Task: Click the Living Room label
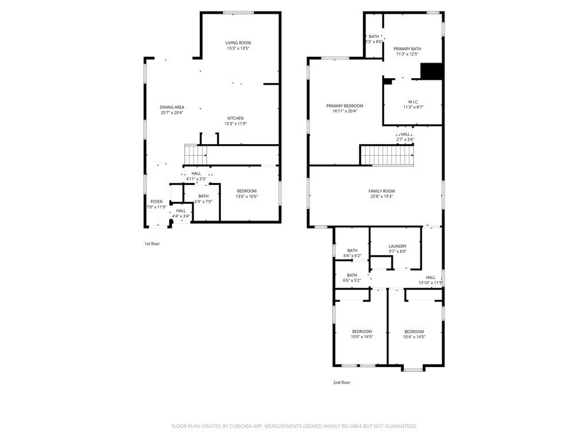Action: coord(238,43)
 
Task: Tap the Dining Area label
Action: coord(172,107)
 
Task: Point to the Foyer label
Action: coord(156,202)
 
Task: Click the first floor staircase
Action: coord(195,154)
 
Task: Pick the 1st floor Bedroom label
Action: coord(247,191)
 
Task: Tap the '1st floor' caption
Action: coord(152,243)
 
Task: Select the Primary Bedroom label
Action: coord(345,106)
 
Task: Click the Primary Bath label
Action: coord(407,49)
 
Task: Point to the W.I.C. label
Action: coord(413,102)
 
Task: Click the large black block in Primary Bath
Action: coord(431,71)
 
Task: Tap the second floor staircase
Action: coord(387,155)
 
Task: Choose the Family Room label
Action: coord(381,191)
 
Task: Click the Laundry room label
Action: coord(397,246)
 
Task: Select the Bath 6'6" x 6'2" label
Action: coord(352,250)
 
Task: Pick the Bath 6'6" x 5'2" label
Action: coord(352,275)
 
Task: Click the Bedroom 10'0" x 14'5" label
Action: coord(362,331)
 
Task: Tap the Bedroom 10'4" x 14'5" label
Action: coord(414,331)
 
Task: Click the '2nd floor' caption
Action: coord(341,382)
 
